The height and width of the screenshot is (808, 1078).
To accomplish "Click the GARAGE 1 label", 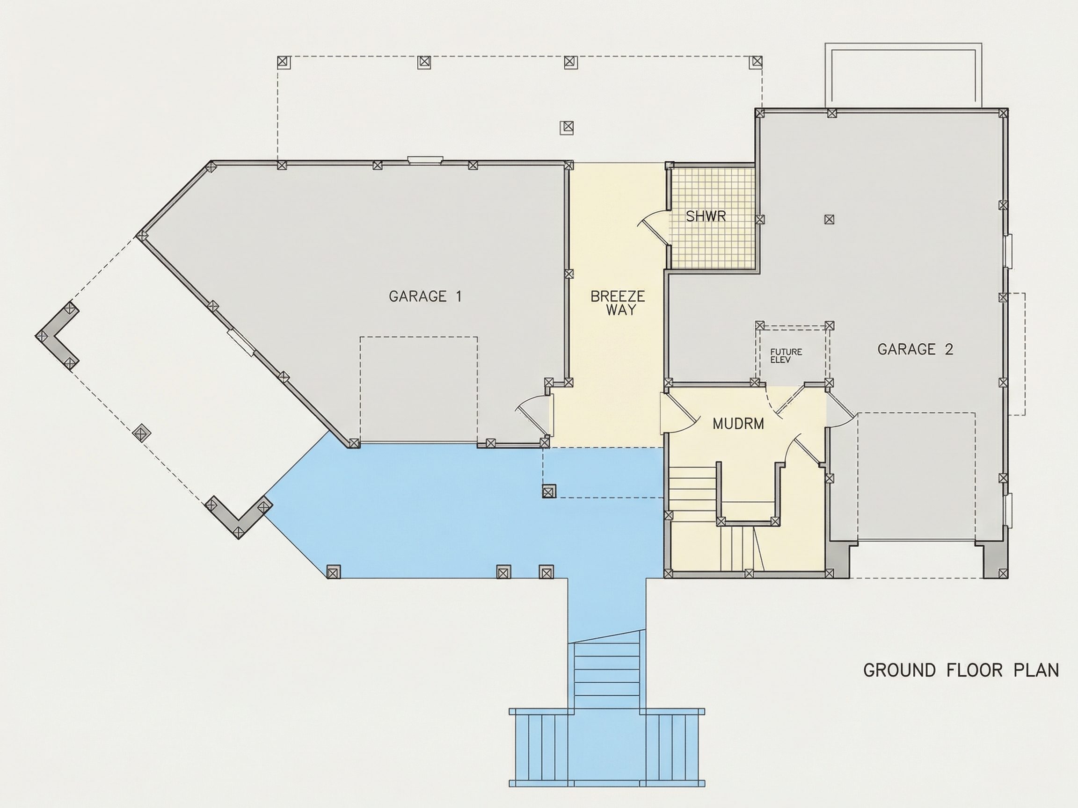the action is (x=425, y=296).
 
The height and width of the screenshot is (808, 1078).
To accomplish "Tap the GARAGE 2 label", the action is (x=915, y=349).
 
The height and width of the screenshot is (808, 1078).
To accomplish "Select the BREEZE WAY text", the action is (x=618, y=303).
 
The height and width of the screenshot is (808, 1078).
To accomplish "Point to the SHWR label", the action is (x=706, y=216).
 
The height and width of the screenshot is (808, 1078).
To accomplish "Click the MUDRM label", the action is (x=738, y=424).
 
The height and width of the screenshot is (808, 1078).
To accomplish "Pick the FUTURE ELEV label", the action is (x=786, y=355).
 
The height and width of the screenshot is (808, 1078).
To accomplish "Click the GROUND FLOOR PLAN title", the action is (x=961, y=671).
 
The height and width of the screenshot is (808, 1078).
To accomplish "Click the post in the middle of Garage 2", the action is (x=829, y=219).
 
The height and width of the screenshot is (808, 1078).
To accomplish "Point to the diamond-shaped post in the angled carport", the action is (x=142, y=433).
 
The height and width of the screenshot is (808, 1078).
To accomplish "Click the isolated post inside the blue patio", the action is (x=549, y=491).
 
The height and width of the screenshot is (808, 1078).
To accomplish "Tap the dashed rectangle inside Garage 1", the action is (x=419, y=390).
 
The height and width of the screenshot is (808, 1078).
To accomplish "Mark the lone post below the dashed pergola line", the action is (x=566, y=128).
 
